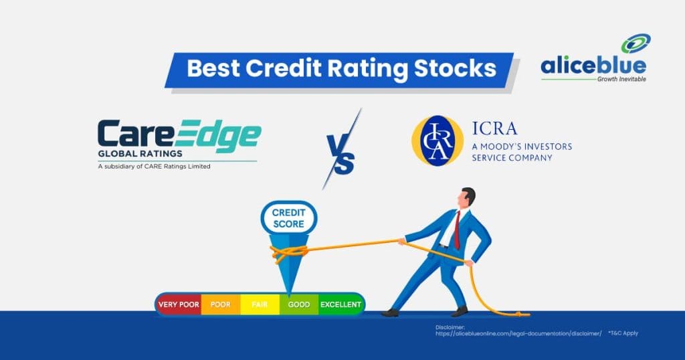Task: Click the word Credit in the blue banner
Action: click(283, 68)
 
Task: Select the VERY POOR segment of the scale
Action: click(178, 304)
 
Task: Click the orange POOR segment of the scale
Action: click(220, 304)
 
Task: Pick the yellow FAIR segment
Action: click(260, 304)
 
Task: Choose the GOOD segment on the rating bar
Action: click(299, 304)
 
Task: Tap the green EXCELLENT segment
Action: click(341, 304)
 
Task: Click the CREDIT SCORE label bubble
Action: click(289, 218)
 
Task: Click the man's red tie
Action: click(457, 230)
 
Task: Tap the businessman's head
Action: click(466, 199)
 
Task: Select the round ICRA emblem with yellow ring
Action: click(437, 141)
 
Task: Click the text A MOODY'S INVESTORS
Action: click(522, 147)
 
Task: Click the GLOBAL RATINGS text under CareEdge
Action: click(140, 154)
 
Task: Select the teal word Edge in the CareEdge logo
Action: click(218, 134)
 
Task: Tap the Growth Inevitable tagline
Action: click(621, 79)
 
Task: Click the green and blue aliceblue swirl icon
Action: click(636, 43)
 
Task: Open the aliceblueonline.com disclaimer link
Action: click(518, 333)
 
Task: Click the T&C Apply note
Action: click(623, 333)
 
